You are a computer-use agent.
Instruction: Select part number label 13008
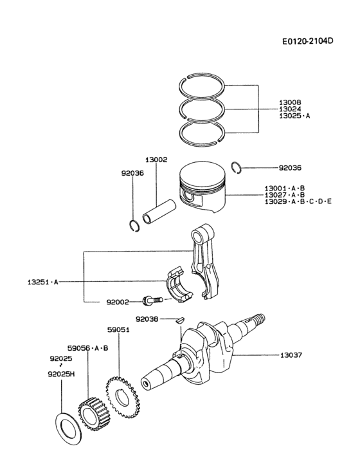pos(290,102)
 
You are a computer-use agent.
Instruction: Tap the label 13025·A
pos(294,116)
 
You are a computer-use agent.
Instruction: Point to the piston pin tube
pos(157,212)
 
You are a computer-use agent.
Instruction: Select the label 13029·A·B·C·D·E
pos(298,202)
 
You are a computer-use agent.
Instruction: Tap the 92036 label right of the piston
pos(290,168)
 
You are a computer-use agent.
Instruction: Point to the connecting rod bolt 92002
pos(149,300)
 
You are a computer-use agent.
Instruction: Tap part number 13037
pos(293,355)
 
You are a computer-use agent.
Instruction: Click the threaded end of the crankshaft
pos(256,319)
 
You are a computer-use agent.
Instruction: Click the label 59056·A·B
pos(88,347)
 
